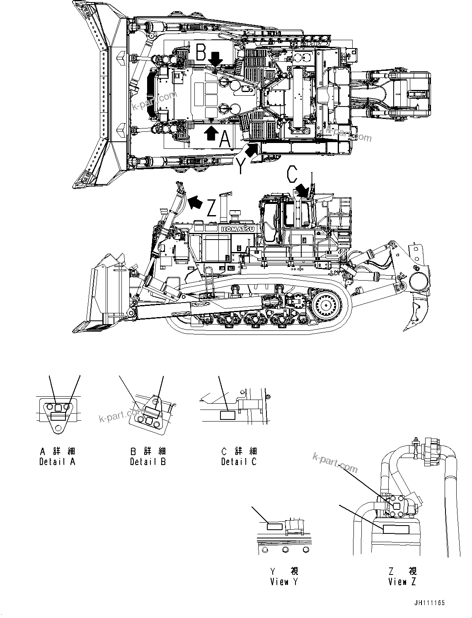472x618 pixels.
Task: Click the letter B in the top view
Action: coord(201,53)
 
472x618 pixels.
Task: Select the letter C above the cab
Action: coord(291,175)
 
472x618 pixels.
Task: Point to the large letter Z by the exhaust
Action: coord(212,208)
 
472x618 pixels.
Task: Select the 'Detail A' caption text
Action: coord(57,461)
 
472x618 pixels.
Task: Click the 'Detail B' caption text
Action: coord(148,461)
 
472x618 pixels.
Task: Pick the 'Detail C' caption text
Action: coord(239,461)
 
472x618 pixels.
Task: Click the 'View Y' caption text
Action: coord(284,582)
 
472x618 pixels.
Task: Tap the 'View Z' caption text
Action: coord(402,582)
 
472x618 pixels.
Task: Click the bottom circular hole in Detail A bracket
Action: coord(58,427)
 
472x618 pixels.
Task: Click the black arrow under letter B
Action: coord(215,61)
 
